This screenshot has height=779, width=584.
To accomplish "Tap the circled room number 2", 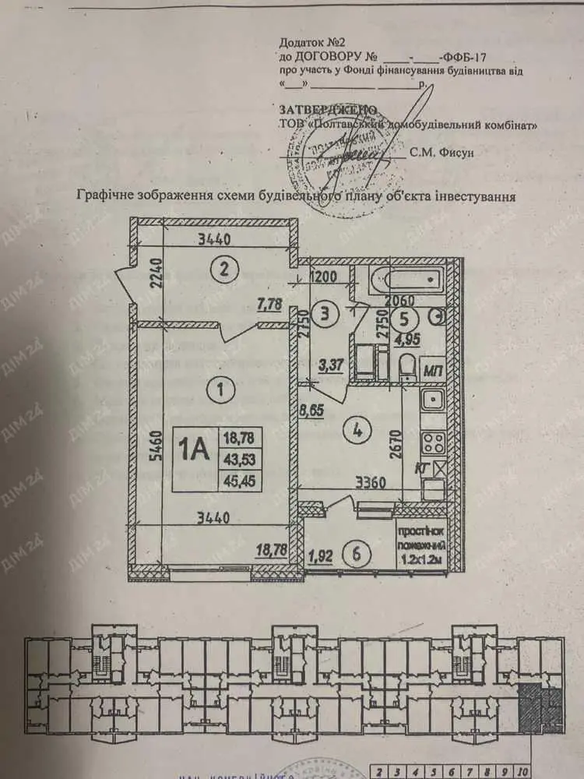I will pyautogui.click(x=224, y=270).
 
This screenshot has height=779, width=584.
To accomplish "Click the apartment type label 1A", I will pyautogui.click(x=194, y=449).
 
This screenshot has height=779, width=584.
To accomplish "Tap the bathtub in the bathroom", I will pyautogui.click(x=397, y=279).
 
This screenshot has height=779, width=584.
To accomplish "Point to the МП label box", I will pyautogui.click(x=433, y=372).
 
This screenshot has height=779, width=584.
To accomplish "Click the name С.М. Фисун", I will pyautogui.click(x=441, y=153).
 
